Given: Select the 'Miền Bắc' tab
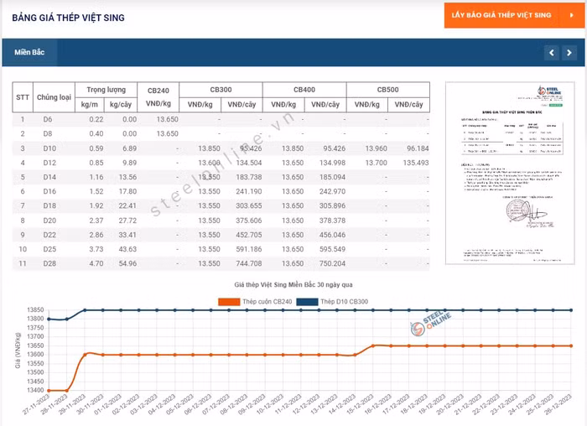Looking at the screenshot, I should pos(29,52).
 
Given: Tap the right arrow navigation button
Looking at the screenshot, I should pos(569,53).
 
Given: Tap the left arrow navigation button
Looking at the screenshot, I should pos(551,53).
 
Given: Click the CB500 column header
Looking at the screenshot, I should pos(387,89).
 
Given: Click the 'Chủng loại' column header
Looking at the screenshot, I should pos(53,96).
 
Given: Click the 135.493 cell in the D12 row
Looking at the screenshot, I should pos(411,163).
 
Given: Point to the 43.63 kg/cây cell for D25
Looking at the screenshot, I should pos(127,249).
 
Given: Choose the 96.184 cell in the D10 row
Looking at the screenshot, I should pos(412,148).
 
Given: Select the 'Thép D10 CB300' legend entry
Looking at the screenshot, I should pos(348,301).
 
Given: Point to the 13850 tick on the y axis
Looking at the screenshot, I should pos(34,310).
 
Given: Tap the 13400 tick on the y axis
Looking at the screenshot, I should pos(34,391).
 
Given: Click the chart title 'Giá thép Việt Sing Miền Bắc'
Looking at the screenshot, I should pos(293,286).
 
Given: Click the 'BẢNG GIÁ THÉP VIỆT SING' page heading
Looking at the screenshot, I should pos(68,17).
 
